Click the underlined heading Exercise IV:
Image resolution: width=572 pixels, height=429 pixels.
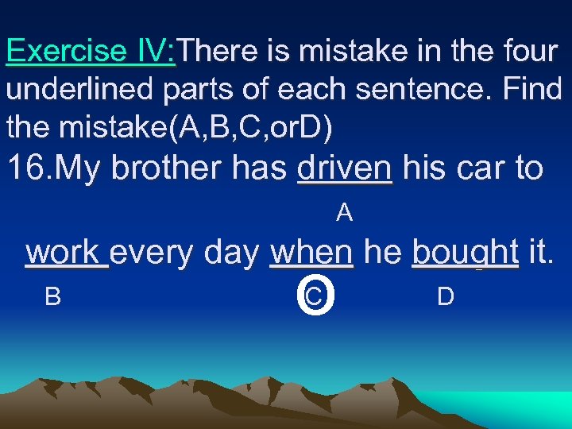tap(91, 52)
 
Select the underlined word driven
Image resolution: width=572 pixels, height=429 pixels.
tap(344, 168)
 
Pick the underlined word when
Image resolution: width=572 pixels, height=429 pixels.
tap(311, 253)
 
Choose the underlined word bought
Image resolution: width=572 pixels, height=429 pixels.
tap(465, 253)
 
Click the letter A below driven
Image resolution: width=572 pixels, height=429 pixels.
tap(344, 212)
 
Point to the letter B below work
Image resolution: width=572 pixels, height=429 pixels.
tap(52, 296)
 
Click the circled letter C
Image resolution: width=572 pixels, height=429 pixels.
tap(314, 296)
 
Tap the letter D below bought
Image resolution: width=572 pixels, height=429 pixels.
tap(446, 296)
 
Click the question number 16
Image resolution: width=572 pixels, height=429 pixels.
tap(30, 168)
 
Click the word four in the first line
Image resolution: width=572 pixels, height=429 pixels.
tap(531, 52)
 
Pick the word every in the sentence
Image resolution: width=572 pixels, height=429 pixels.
tap(156, 253)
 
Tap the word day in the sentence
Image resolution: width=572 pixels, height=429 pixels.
tap(234, 253)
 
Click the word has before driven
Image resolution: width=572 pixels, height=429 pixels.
tap(263, 168)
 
